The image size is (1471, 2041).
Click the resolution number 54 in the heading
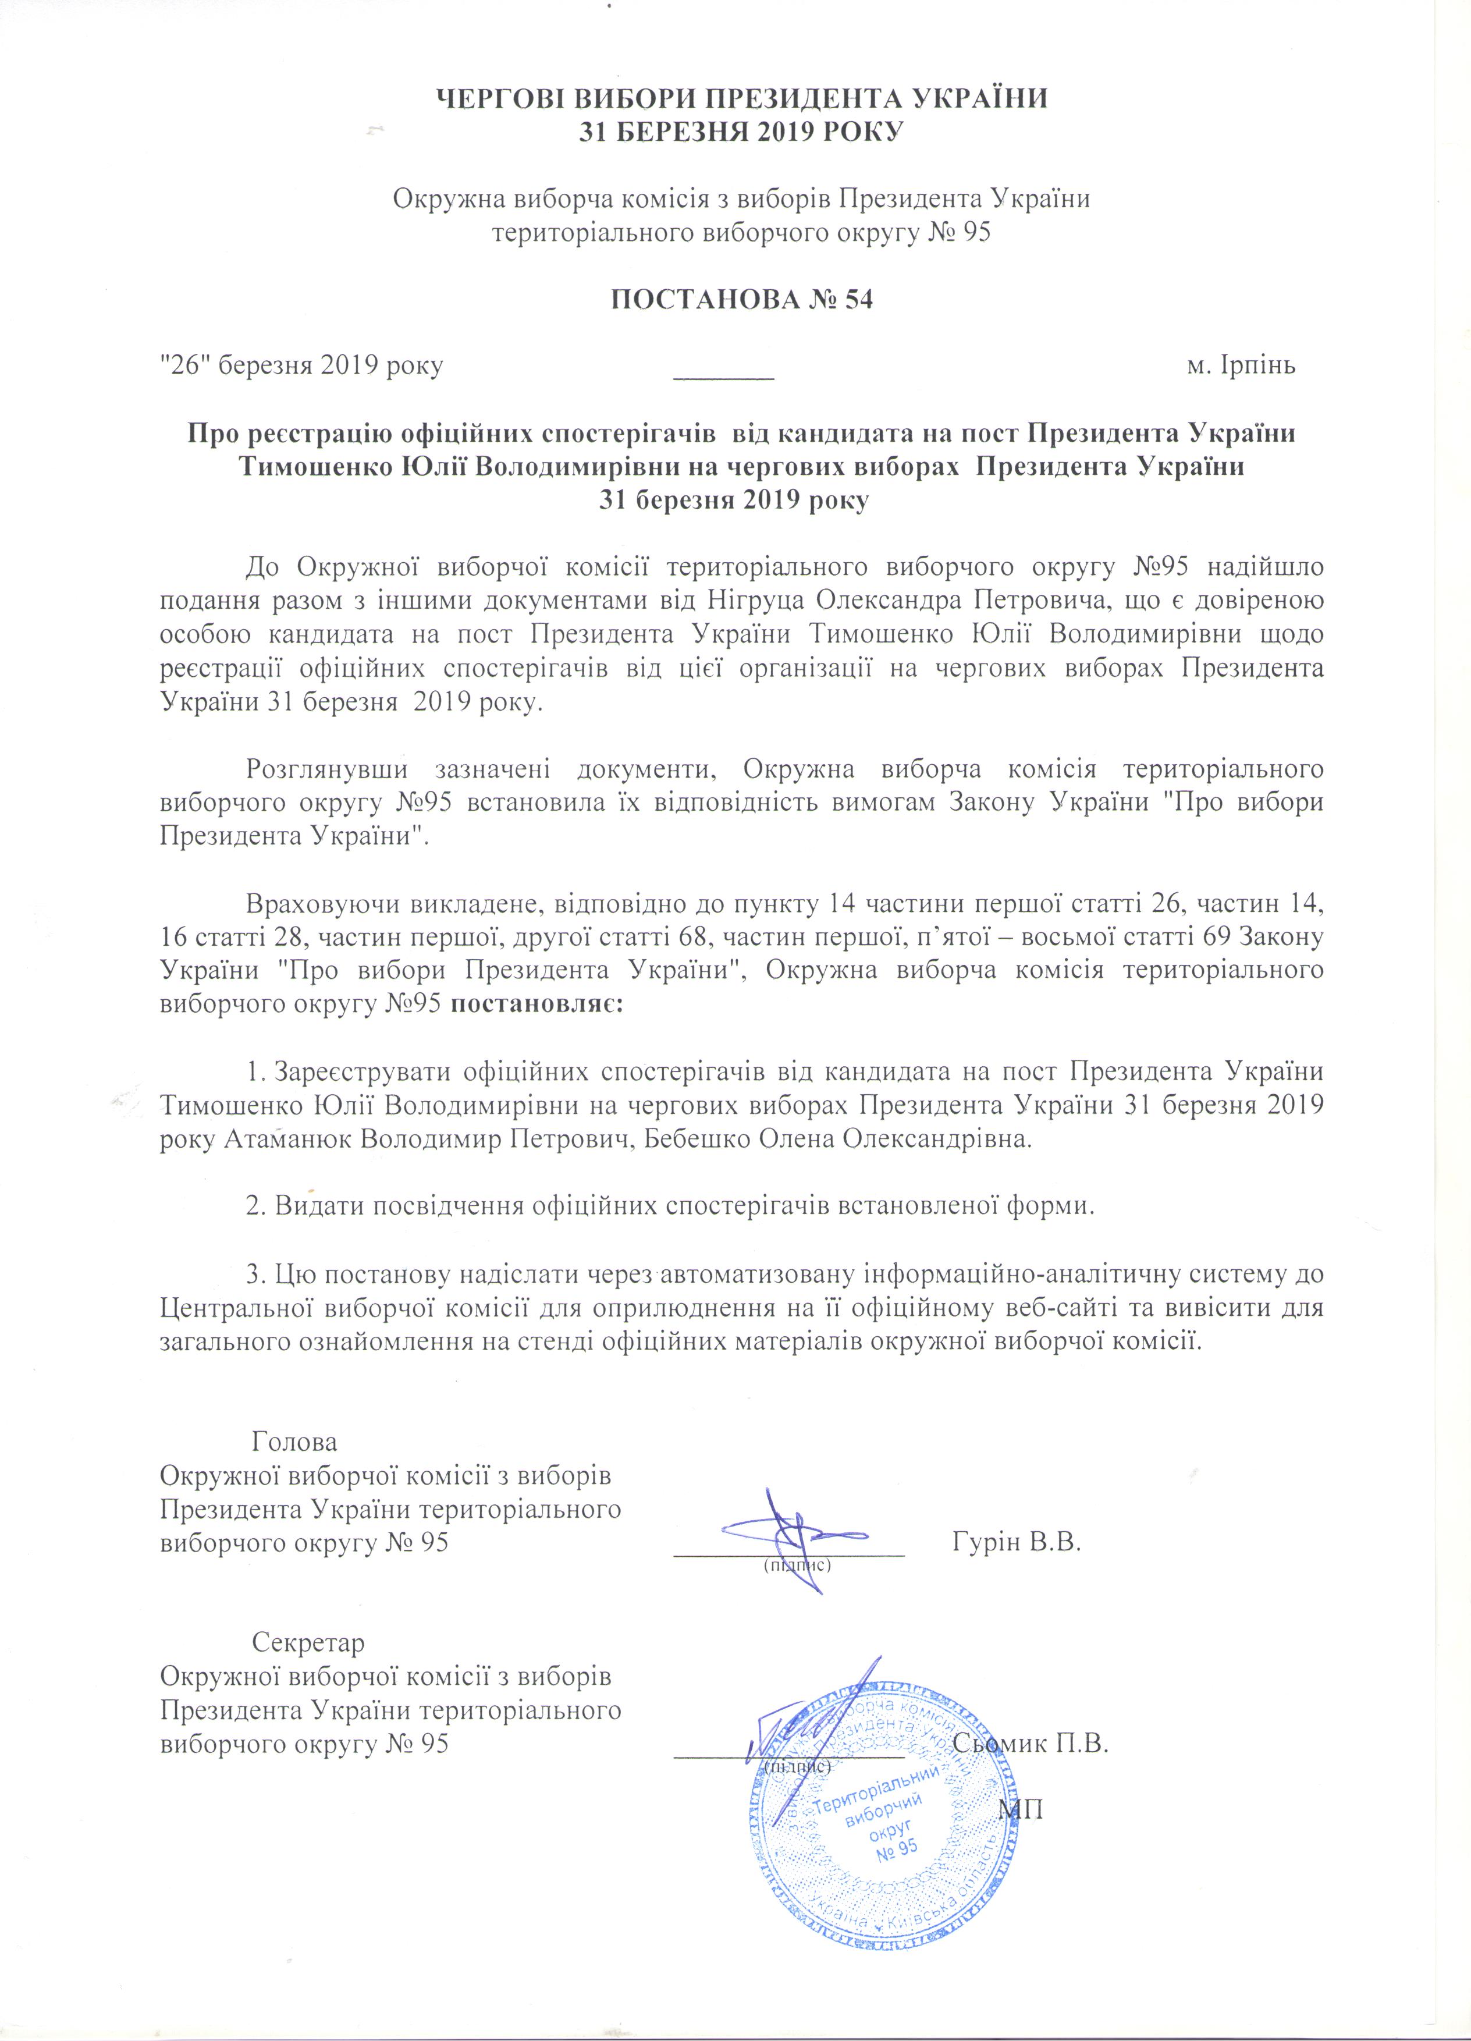[x=858, y=300]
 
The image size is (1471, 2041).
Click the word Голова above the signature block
[x=294, y=1442]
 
